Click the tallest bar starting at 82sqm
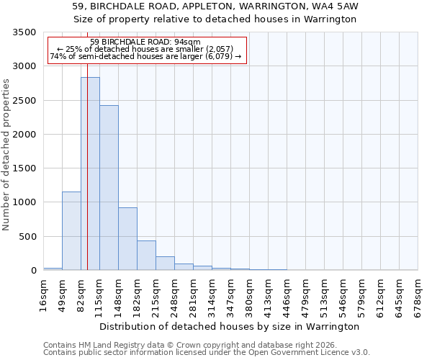coord(90,174)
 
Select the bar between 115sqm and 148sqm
coord(109,188)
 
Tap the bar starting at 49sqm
coord(71,230)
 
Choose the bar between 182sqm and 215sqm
coord(146,256)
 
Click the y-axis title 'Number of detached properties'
coord(6,151)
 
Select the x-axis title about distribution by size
coord(230,326)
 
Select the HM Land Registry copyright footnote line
coord(186,345)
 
